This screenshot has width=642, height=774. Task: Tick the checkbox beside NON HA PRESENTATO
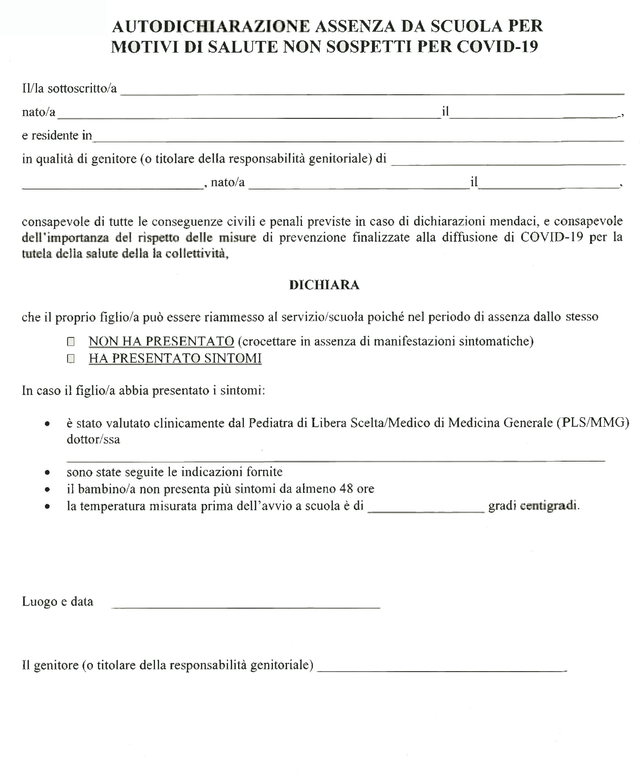71,342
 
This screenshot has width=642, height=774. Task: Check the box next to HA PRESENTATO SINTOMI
71,359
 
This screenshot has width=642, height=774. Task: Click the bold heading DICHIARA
324,285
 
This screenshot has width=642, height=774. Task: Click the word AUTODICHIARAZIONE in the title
211,26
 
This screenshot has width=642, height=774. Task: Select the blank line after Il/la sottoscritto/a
372,92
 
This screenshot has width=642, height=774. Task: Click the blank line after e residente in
358,139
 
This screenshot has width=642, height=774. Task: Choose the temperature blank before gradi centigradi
426,510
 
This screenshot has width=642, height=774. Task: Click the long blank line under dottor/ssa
335,459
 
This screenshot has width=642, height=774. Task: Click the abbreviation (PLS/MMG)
593,422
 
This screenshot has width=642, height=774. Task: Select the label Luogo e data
57,602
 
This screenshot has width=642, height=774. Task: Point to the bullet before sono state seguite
47,472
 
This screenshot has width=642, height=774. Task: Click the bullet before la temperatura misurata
47,507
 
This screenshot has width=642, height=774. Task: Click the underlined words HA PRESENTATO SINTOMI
175,358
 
